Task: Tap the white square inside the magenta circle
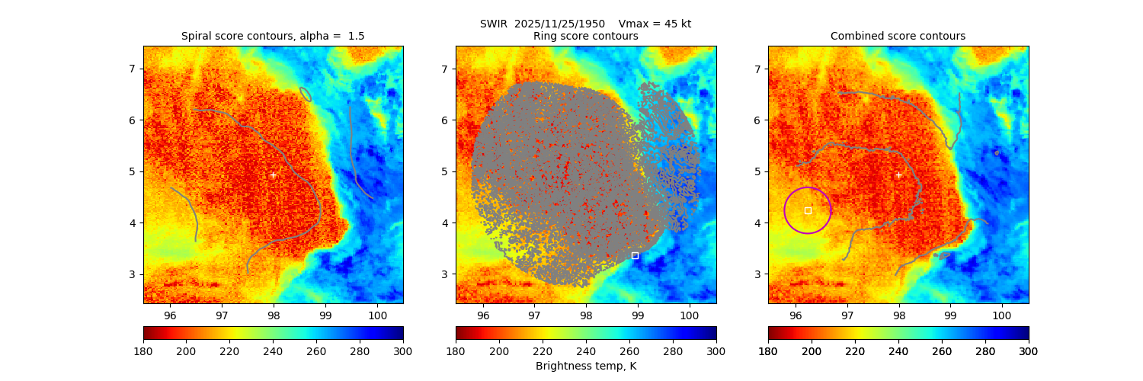tap(808, 210)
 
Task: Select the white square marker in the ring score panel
tap(635, 255)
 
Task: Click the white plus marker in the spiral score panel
tap(273, 174)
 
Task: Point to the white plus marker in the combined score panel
tap(898, 174)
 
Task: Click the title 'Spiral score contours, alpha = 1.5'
tap(273, 36)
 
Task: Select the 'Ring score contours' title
tap(585, 36)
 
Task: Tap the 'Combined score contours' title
tap(898, 36)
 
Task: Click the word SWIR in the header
tap(493, 24)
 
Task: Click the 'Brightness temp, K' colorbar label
tap(585, 366)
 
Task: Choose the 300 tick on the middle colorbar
tap(716, 351)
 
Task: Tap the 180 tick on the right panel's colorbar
tap(768, 351)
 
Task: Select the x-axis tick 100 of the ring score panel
tap(690, 314)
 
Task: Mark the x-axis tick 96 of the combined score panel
tap(796, 314)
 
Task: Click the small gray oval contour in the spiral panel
tap(306, 94)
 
